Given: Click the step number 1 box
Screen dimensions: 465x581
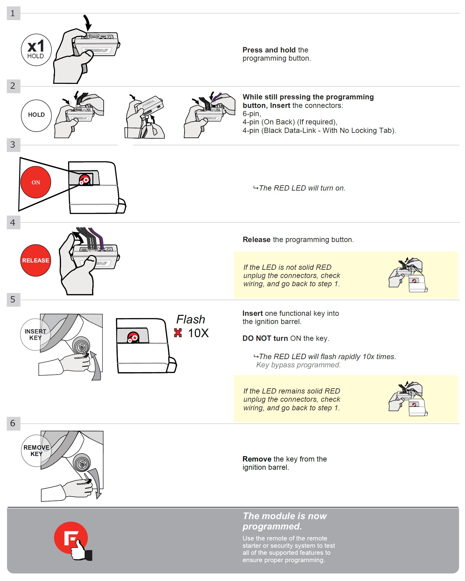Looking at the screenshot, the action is tap(13, 13).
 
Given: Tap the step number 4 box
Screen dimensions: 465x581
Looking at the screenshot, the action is tap(13, 223).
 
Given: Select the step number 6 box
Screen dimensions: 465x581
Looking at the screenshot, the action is tap(13, 423).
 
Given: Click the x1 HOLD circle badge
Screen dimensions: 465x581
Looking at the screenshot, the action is tap(36, 50).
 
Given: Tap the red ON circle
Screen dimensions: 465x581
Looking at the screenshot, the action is tap(36, 182).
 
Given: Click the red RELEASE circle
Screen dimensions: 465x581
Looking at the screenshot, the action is tap(36, 260).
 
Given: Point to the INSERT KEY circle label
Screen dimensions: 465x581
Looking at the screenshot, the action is tap(35, 334).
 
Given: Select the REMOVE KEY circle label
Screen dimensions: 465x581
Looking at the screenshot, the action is tap(36, 451).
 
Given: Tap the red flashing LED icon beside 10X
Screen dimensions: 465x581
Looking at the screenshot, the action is tap(178, 333).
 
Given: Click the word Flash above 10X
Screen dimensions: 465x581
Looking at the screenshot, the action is tap(191, 319).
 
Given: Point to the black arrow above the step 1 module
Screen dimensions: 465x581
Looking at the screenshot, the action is tap(88, 22).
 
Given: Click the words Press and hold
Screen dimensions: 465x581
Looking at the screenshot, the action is tap(269, 50).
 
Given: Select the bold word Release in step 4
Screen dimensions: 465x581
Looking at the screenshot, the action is tap(256, 240).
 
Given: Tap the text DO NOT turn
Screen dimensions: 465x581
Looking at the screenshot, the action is tap(265, 338).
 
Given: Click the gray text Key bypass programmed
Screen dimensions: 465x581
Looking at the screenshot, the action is tap(298, 365).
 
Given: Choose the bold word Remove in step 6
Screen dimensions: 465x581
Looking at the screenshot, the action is tap(257, 459).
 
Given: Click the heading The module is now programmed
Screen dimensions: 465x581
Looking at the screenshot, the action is tap(284, 521).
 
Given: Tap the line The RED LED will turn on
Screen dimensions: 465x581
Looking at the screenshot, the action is tap(299, 188).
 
